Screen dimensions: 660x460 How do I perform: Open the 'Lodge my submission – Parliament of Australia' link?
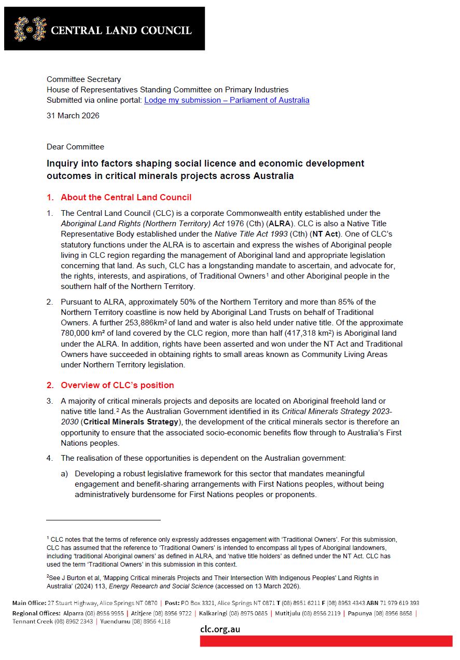coord(227,100)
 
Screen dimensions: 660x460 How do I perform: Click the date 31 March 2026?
coord(73,116)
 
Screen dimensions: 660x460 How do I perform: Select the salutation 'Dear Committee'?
coord(75,147)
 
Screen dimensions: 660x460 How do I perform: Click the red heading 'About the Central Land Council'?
coord(126,197)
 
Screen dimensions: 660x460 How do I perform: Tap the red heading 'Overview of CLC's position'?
coord(117,385)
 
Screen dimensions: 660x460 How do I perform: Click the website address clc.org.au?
coord(220,630)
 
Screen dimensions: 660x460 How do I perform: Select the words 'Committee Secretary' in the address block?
coord(83,79)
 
